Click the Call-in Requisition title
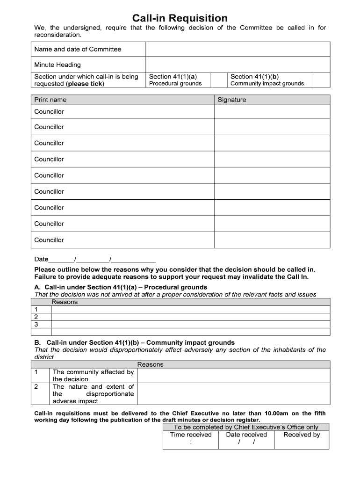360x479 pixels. click(x=180, y=18)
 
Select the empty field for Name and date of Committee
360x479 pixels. click(x=238, y=49)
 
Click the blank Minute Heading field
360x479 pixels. click(x=238, y=65)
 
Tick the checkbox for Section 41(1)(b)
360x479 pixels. click(x=321, y=80)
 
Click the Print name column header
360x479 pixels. click(x=50, y=100)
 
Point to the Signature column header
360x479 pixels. click(x=231, y=100)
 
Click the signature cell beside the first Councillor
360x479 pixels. click(x=272, y=112)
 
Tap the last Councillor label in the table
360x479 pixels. click(x=49, y=240)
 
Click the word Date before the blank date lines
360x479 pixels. click(x=41, y=259)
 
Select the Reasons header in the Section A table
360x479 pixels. click(x=65, y=302)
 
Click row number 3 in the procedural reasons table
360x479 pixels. click(x=36, y=324)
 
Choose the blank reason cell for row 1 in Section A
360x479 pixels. click(x=190, y=310)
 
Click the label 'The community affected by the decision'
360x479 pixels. click(x=93, y=376)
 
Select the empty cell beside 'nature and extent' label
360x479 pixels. click(x=233, y=394)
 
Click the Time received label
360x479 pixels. click(x=191, y=435)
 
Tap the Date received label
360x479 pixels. click(x=246, y=435)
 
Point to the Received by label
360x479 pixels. click(x=302, y=435)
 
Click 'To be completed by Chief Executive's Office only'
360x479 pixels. click(x=246, y=427)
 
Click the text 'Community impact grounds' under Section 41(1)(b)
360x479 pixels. click(x=267, y=84)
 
